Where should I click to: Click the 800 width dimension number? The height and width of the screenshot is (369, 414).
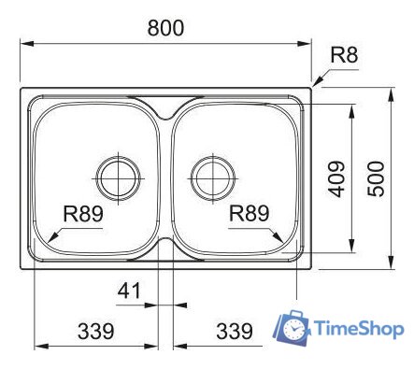point(165,27)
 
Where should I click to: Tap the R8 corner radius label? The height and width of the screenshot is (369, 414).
point(344,54)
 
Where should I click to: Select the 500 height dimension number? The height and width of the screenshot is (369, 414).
point(376,178)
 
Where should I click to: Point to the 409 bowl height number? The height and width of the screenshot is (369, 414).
point(336,178)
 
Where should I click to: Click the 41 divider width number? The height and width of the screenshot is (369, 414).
point(130,291)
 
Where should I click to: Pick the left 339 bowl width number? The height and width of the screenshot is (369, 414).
point(96,331)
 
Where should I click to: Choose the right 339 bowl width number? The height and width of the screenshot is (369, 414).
point(235,331)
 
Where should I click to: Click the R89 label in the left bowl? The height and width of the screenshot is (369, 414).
point(83,214)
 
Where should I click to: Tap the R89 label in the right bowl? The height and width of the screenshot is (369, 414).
point(249,213)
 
